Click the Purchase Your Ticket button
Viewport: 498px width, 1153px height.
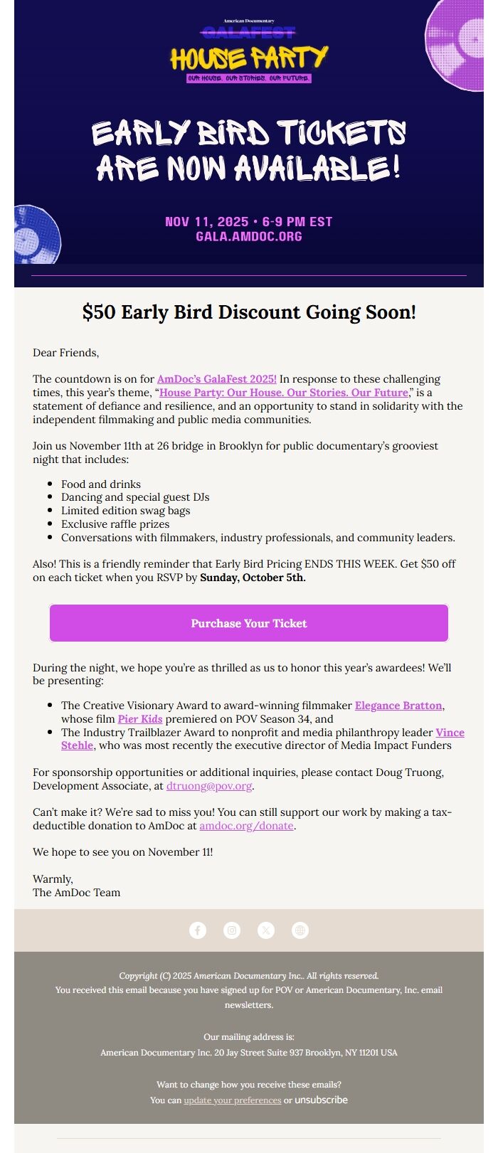pyautogui.click(x=249, y=623)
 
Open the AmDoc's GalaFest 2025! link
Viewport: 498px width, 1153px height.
pyautogui.click(x=216, y=379)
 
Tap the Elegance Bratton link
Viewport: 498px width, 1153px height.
pyautogui.click(x=398, y=706)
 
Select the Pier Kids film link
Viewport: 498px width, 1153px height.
pyautogui.click(x=140, y=719)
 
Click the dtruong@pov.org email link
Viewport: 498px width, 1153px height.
pyautogui.click(x=209, y=786)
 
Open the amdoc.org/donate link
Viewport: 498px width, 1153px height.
pyautogui.click(x=246, y=826)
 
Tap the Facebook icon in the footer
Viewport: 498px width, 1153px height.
pyautogui.click(x=198, y=930)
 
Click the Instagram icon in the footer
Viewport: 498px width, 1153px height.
pyautogui.click(x=232, y=930)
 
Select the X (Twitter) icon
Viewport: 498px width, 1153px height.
pyautogui.click(x=266, y=930)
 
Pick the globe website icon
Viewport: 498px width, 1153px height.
pyautogui.click(x=300, y=930)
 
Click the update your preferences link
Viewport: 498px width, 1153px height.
pyautogui.click(x=233, y=1100)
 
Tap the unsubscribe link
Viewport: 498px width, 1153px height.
pyautogui.click(x=321, y=1100)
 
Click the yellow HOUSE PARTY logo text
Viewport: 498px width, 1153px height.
pyautogui.click(x=249, y=58)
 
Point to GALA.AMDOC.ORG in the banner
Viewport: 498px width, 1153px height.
pyautogui.click(x=249, y=237)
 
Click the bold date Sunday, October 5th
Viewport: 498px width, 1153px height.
pyautogui.click(x=253, y=578)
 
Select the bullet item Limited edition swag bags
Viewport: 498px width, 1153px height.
pyautogui.click(x=125, y=511)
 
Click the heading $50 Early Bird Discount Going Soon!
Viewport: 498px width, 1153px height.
pyautogui.click(x=249, y=312)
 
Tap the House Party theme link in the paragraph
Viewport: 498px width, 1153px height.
pyautogui.click(x=283, y=393)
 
